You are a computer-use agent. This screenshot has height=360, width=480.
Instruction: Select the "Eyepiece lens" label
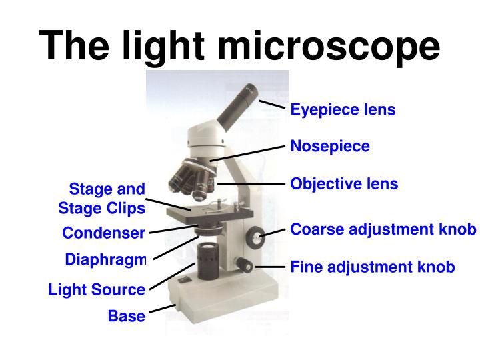click(343, 109)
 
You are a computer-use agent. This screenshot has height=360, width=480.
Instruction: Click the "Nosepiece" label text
click(329, 146)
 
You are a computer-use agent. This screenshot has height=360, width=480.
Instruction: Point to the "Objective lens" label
click(344, 183)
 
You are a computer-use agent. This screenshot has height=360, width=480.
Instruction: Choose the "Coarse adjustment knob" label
click(383, 229)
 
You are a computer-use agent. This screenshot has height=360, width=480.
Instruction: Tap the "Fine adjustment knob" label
click(373, 267)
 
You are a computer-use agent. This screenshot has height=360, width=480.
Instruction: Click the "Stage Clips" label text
click(101, 208)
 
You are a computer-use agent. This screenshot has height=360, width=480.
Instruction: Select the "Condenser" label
click(103, 233)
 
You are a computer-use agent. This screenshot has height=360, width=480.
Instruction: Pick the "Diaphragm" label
click(105, 259)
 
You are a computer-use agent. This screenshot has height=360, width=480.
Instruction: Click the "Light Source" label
click(97, 290)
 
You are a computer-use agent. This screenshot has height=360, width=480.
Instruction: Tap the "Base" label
click(126, 316)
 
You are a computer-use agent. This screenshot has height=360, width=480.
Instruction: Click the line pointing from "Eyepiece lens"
click(273, 105)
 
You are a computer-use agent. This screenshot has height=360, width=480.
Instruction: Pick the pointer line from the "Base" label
click(162, 309)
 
